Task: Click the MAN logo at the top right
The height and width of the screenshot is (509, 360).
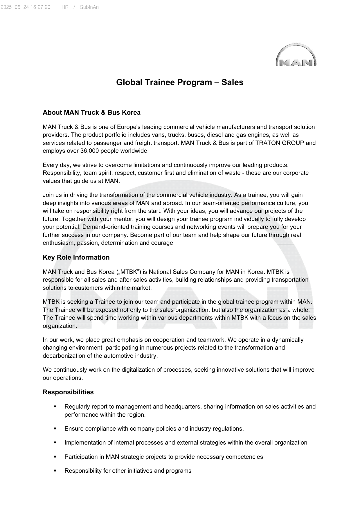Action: [x=296, y=55]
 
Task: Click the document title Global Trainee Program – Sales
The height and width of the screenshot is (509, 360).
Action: [x=180, y=82]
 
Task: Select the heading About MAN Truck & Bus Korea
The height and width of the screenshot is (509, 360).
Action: [x=91, y=112]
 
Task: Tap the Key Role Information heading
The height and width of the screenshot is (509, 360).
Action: [x=76, y=257]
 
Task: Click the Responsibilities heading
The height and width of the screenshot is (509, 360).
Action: [x=68, y=392]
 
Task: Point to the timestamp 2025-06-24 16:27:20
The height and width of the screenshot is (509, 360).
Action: [x=25, y=7]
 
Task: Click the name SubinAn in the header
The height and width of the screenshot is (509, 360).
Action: [x=89, y=7]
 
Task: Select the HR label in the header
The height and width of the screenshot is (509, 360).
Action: [x=65, y=7]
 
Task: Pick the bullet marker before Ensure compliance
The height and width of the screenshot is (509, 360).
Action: [x=55, y=429]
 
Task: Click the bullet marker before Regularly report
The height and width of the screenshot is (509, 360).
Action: [x=55, y=407]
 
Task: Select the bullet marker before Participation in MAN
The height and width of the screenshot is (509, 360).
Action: [x=55, y=457]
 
